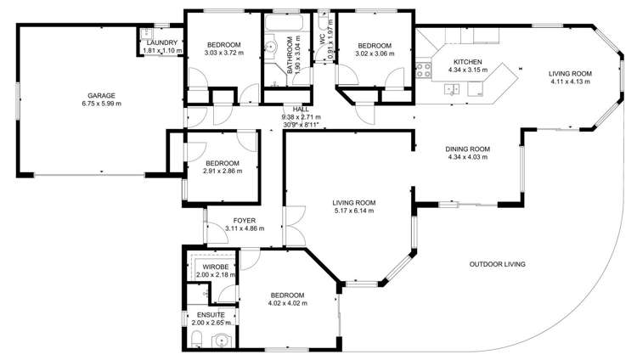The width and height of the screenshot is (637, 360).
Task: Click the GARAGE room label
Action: [101, 96]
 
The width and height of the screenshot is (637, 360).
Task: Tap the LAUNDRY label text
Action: [162, 42]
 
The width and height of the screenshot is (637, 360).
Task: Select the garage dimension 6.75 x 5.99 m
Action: [101, 104]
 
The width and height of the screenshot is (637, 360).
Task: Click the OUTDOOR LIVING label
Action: [497, 264]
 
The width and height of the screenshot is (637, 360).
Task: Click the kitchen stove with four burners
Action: [424, 70]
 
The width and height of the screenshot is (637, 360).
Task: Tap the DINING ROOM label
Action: [468, 149]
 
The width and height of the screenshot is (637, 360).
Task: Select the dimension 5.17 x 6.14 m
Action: [354, 211]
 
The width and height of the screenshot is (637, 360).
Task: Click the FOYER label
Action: [245, 221]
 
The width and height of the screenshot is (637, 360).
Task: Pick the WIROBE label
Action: [216, 267]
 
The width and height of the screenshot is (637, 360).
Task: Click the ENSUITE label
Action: [211, 315]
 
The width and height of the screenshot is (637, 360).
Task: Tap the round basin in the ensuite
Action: [222, 340]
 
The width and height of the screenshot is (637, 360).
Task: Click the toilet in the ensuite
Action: [197, 339]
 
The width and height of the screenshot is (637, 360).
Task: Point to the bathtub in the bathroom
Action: [284, 23]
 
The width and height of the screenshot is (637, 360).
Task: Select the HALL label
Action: [301, 110]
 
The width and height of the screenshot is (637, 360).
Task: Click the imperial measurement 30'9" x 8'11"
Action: [301, 125]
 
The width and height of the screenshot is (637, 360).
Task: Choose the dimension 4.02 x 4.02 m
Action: [288, 303]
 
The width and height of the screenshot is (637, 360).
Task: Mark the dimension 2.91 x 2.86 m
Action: [223, 171]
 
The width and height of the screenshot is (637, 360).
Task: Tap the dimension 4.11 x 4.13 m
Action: [570, 82]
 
